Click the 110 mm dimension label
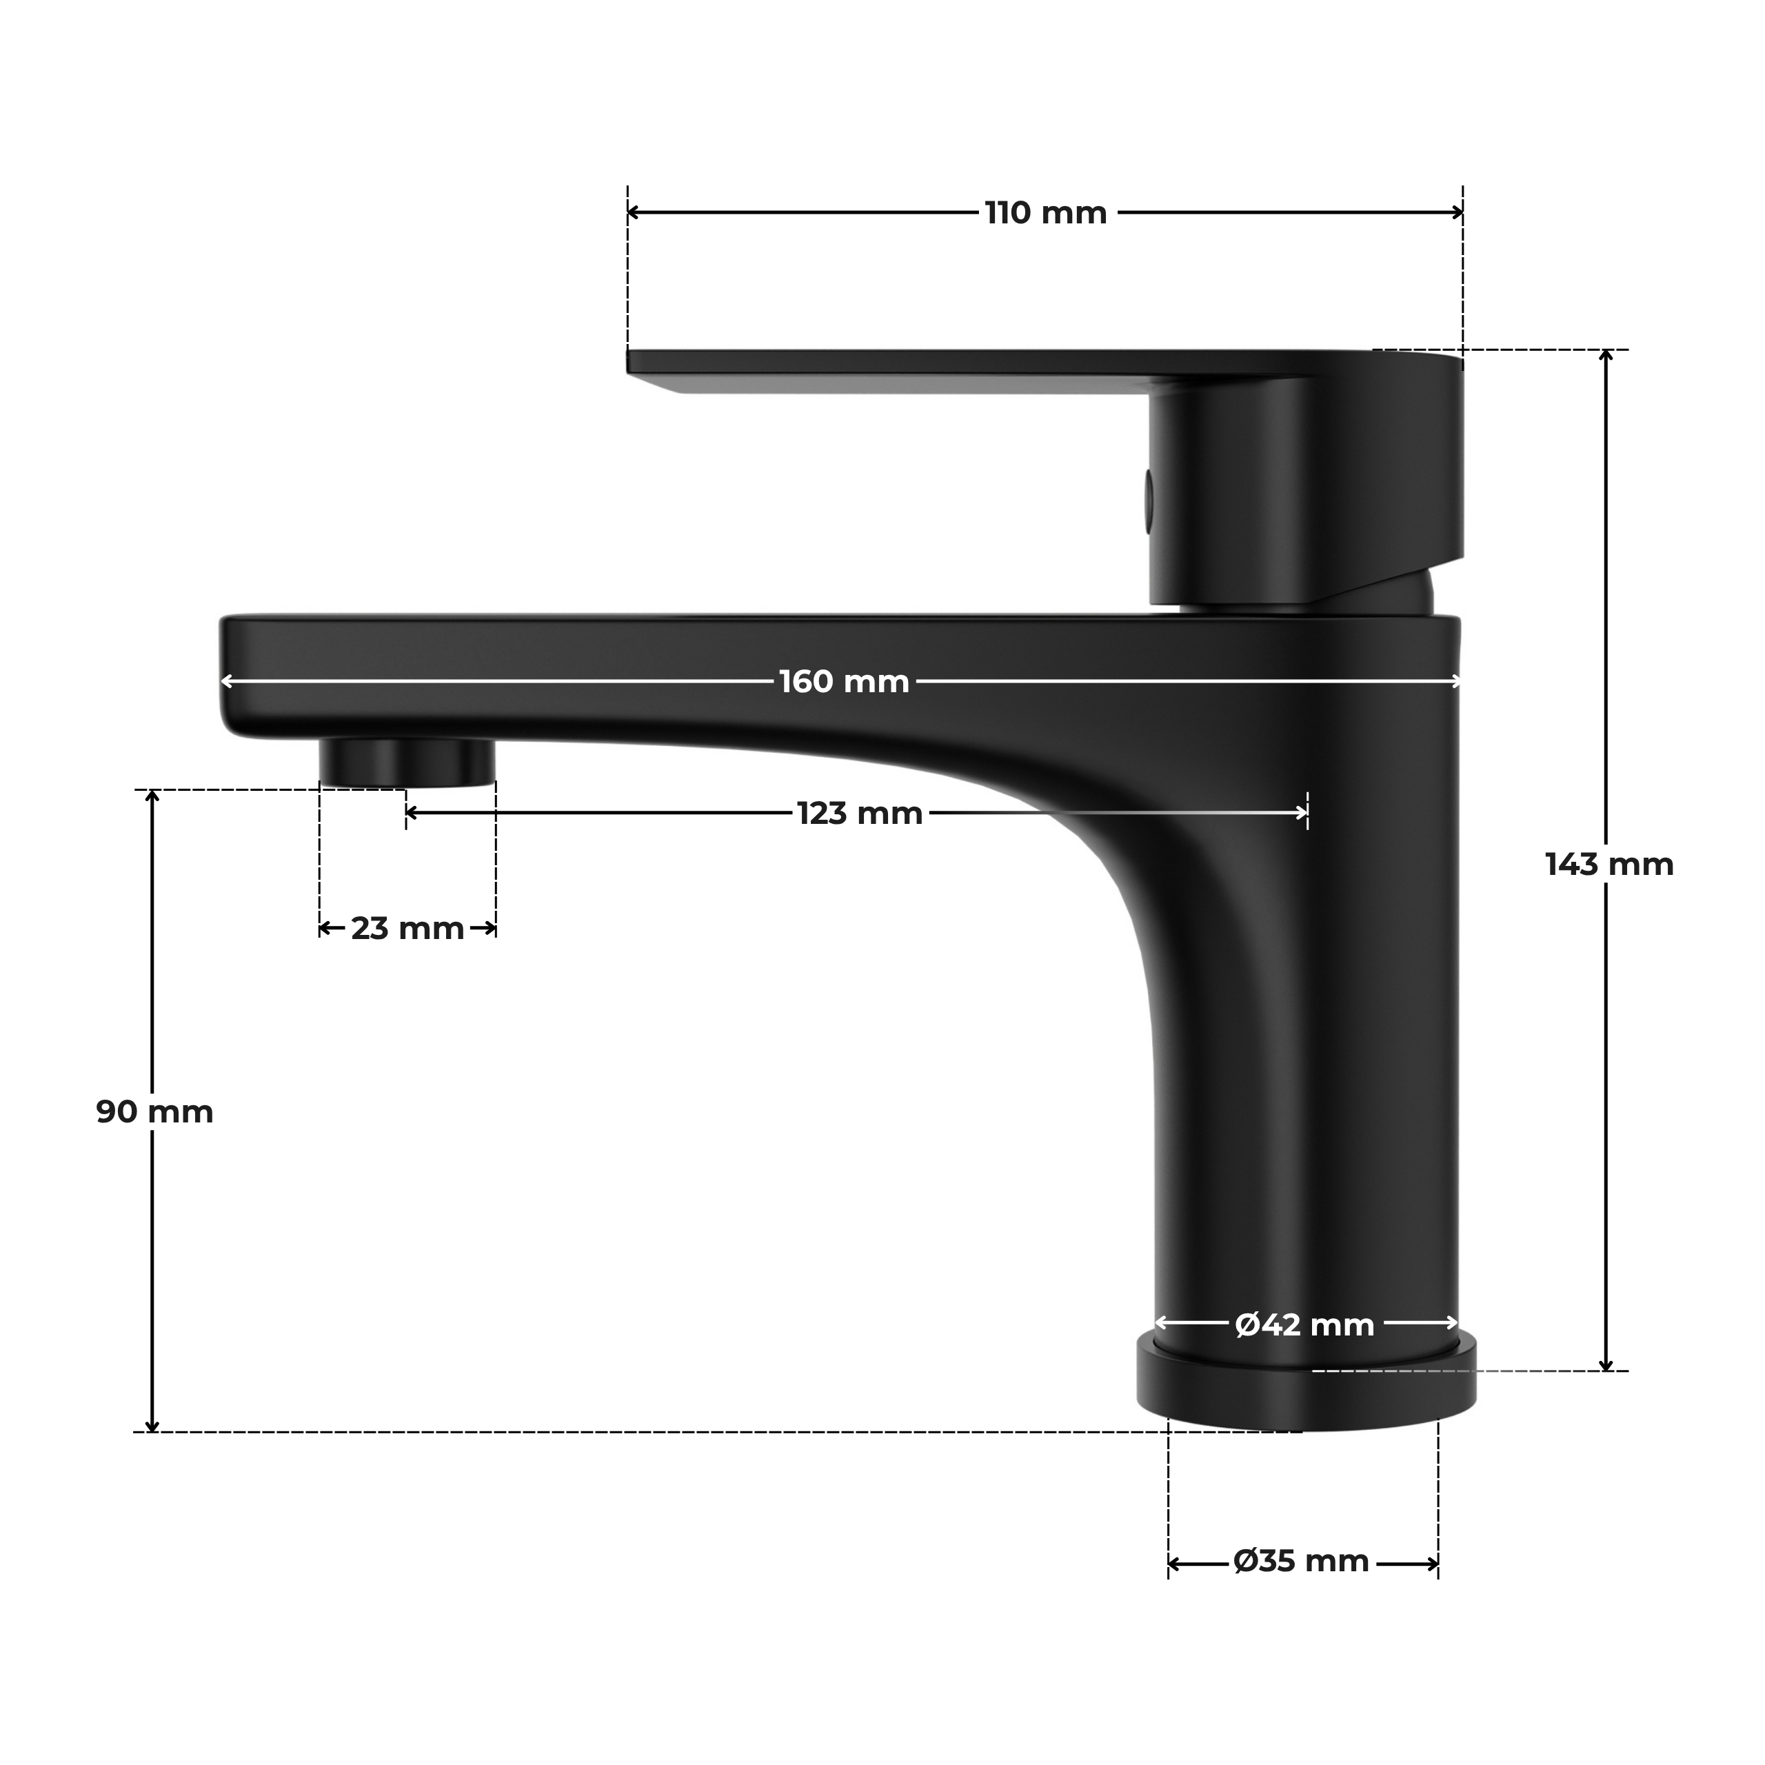(1046, 214)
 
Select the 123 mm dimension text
(860, 813)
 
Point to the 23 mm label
(407, 929)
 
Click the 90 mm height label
(154, 1113)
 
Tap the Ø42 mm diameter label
(1304, 1324)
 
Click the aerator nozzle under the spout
(407, 763)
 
